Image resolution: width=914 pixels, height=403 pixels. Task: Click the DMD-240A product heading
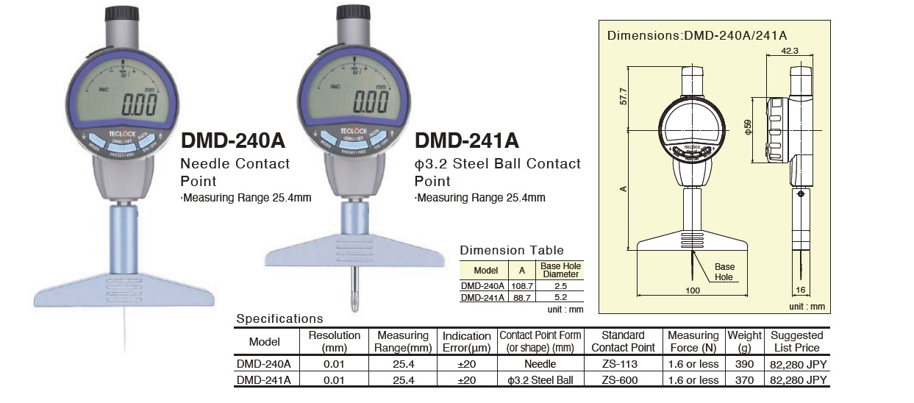point(232,140)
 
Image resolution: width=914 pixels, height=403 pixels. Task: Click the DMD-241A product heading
point(467,140)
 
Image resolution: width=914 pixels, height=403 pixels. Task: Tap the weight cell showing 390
point(744,364)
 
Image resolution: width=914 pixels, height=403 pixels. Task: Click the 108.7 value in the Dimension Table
point(521,285)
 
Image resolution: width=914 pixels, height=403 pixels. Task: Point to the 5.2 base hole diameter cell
point(560,298)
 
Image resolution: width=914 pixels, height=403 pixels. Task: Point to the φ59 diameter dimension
point(749,126)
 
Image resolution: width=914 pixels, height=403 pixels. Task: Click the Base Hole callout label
point(724,271)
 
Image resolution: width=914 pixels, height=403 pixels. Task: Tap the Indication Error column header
point(466,341)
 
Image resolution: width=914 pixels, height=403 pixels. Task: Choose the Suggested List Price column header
point(797,341)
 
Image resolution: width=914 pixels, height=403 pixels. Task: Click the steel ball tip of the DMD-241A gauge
point(354,301)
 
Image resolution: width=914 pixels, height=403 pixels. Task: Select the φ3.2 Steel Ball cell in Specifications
point(540,380)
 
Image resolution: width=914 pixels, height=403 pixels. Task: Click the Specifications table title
point(279,319)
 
